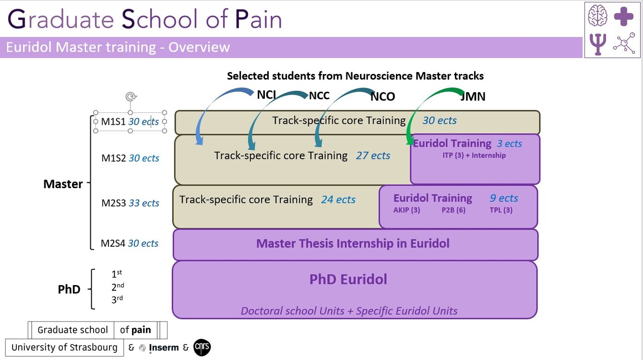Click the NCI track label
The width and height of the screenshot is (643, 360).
coord(266,95)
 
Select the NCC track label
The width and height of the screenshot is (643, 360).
coord(319,96)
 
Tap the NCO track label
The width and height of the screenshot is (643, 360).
coord(382,97)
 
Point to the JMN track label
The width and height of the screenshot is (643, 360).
coord(473,96)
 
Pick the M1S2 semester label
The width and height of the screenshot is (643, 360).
coord(113,158)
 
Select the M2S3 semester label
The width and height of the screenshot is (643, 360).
coord(113,203)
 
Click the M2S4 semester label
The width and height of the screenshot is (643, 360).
coord(113,243)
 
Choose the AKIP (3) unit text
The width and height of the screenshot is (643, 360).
coord(406,210)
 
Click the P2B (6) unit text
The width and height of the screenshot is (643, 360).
coord(453,210)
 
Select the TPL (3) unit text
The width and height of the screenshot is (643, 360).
coord(501,210)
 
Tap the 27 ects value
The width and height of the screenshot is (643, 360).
coord(373,156)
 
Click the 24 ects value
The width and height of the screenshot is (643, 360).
coord(338,199)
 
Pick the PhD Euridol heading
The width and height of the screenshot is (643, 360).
coord(348,279)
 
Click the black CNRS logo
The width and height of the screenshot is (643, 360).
coord(202,348)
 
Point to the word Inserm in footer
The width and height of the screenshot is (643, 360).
coord(164,348)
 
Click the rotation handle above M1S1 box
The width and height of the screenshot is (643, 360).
coord(130,97)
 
